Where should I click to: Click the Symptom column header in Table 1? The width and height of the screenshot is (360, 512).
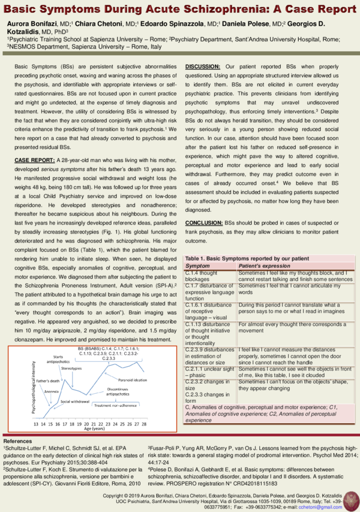pos(197,265)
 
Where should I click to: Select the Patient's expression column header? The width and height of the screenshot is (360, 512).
pos(266,265)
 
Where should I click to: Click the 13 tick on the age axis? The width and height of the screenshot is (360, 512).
pos(35,424)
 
